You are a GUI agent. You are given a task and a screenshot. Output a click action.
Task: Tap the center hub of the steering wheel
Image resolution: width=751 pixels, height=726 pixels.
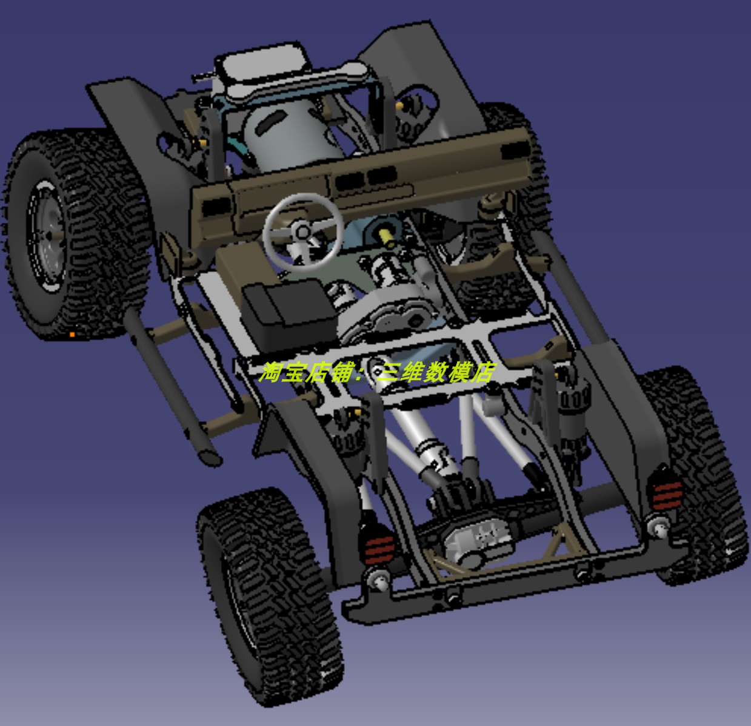click(x=302, y=232)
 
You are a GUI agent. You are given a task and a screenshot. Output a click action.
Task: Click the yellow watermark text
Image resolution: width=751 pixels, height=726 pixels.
click(x=376, y=372)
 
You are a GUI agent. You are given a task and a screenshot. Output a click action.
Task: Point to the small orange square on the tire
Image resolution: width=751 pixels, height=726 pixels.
click(x=72, y=335)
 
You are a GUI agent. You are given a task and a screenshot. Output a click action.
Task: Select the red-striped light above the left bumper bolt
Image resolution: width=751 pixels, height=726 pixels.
click(x=379, y=548)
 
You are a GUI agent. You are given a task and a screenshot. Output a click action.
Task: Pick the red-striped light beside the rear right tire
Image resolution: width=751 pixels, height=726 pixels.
click(x=667, y=495)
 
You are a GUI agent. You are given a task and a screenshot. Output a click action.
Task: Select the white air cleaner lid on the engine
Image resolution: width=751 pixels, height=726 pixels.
click(x=266, y=64)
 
